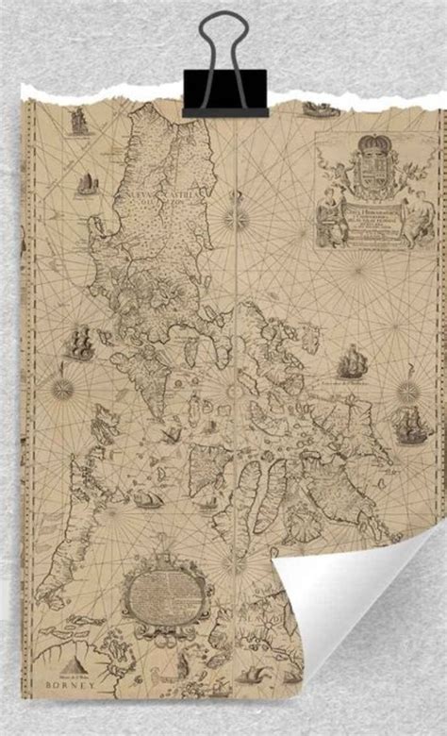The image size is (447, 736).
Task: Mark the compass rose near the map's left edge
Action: [63, 387]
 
